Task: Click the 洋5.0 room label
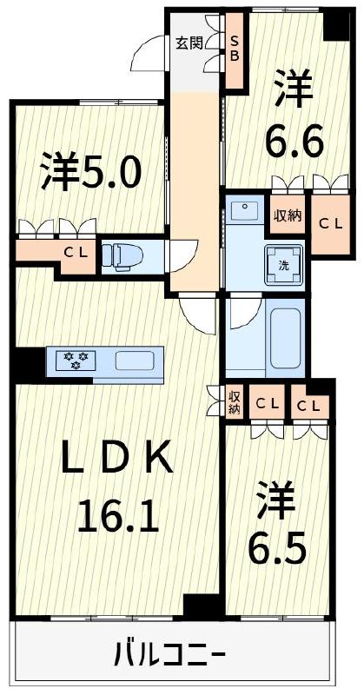89,173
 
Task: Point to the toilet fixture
121,255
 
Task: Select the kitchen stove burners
74,360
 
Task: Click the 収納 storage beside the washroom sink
288,215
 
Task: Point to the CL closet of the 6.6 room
325,223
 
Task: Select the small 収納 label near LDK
234,402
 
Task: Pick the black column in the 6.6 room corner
334,24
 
